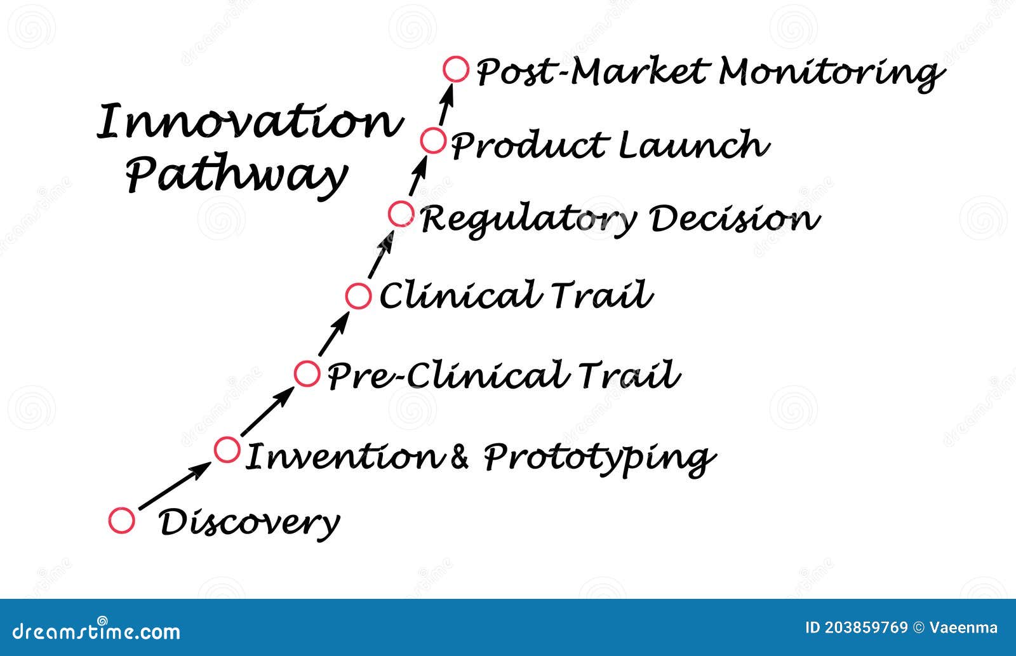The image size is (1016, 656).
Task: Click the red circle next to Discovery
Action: (121, 521)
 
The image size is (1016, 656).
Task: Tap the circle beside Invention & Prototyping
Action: (227, 450)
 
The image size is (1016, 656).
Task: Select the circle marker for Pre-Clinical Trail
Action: (307, 373)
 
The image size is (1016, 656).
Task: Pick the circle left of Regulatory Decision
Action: (401, 214)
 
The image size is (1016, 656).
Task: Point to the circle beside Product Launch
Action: (433, 140)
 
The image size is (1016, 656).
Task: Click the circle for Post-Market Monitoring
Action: (456, 69)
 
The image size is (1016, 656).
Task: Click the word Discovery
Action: (249, 523)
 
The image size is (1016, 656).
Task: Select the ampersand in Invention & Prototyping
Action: (459, 457)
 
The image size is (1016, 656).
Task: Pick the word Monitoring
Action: (829, 73)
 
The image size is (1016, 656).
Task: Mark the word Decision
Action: (734, 219)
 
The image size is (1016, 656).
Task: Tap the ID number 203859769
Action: (866, 628)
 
